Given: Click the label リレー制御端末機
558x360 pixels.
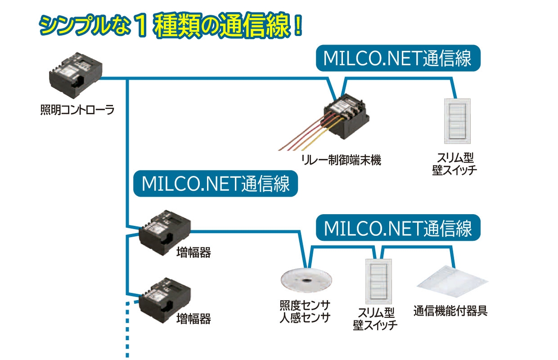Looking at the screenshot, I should (342, 160).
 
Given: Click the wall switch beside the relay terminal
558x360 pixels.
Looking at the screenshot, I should (457, 119).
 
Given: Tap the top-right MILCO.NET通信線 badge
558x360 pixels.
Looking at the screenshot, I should (397, 58).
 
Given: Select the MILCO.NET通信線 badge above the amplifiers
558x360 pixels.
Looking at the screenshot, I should (216, 184).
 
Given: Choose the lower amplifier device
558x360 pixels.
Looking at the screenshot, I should (165, 299).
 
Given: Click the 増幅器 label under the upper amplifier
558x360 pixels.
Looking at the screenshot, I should (193, 253).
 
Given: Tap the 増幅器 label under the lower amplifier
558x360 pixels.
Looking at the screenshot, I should (193, 319).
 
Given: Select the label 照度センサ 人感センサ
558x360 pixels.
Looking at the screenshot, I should (306, 311).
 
